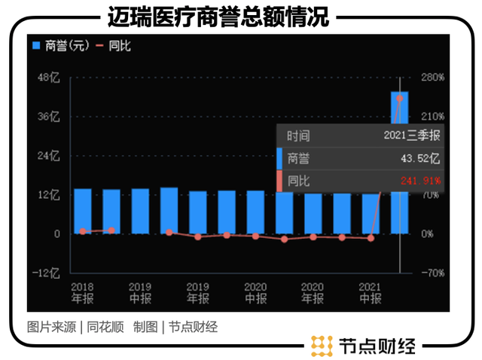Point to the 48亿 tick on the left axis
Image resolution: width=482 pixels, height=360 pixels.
coord(49,78)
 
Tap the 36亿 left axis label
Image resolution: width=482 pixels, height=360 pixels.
coord(49,117)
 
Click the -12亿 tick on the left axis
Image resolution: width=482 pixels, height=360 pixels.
coord(47,273)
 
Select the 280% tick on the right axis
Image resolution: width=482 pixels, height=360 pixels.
coord(432,78)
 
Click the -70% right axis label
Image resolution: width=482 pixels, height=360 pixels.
coord(432,273)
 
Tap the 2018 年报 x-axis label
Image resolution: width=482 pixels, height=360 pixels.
coord(82,293)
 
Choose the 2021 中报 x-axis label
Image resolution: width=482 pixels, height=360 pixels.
coord(370,293)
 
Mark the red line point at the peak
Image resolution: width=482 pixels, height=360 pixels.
coord(399,98)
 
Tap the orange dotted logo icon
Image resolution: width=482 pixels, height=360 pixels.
coord(322,345)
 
